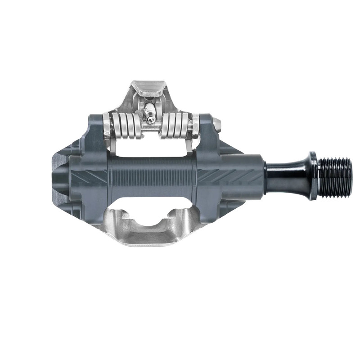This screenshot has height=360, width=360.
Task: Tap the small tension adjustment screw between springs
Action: [152, 119]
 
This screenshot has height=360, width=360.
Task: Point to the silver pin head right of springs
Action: [217, 123]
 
